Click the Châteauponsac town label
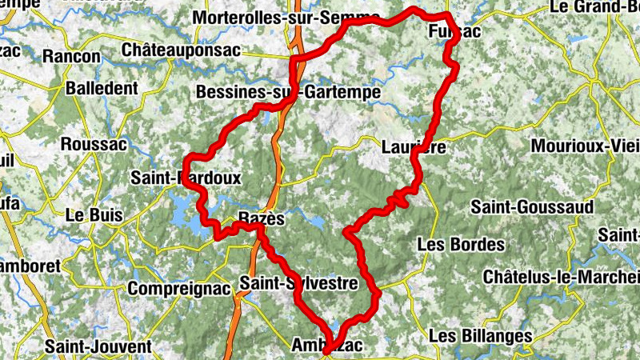(181, 50)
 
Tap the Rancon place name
(72, 57)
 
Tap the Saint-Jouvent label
(98, 347)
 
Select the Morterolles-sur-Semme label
(286, 17)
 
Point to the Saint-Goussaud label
(532, 207)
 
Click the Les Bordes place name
(462, 244)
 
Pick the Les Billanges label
(480, 334)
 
